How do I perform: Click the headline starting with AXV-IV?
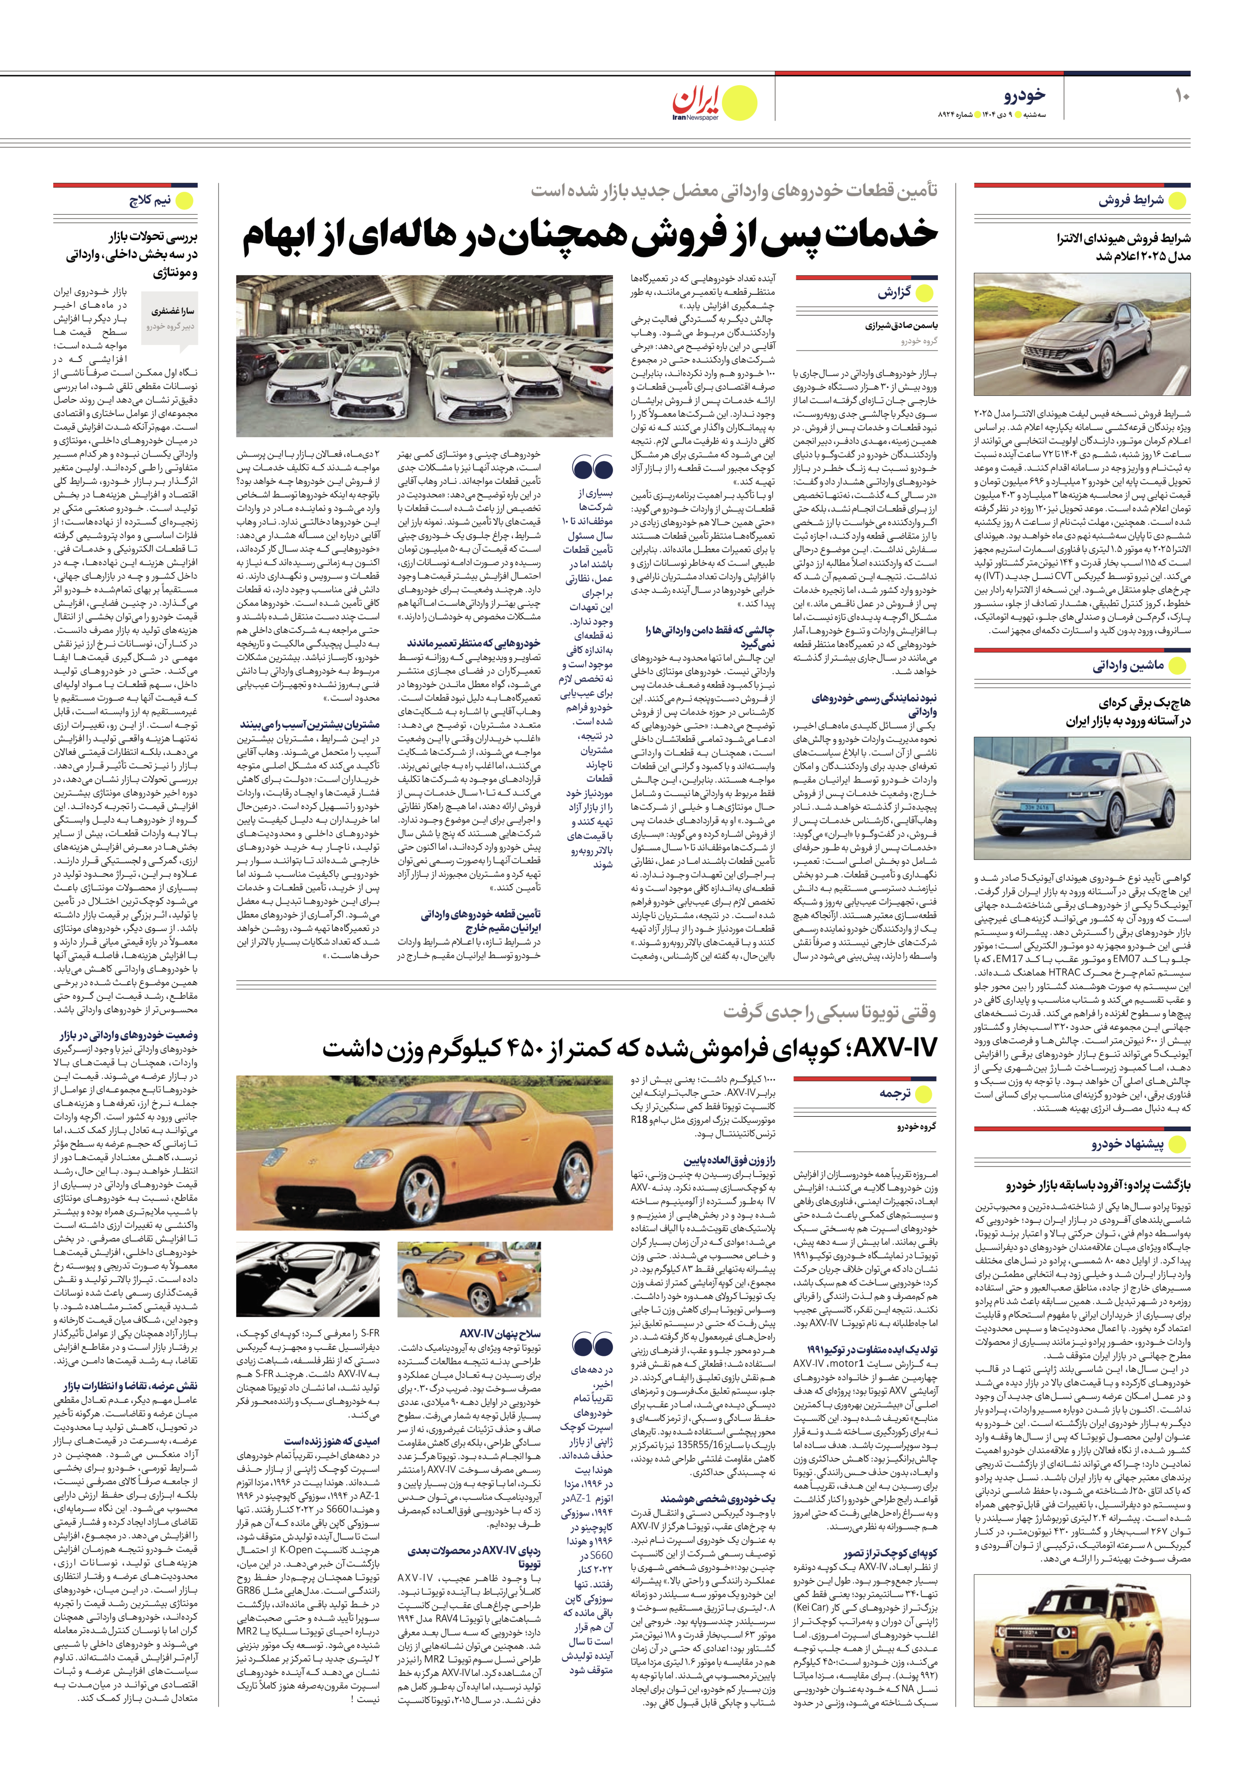[628, 1048]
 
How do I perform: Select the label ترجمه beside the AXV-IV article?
[894, 1093]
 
